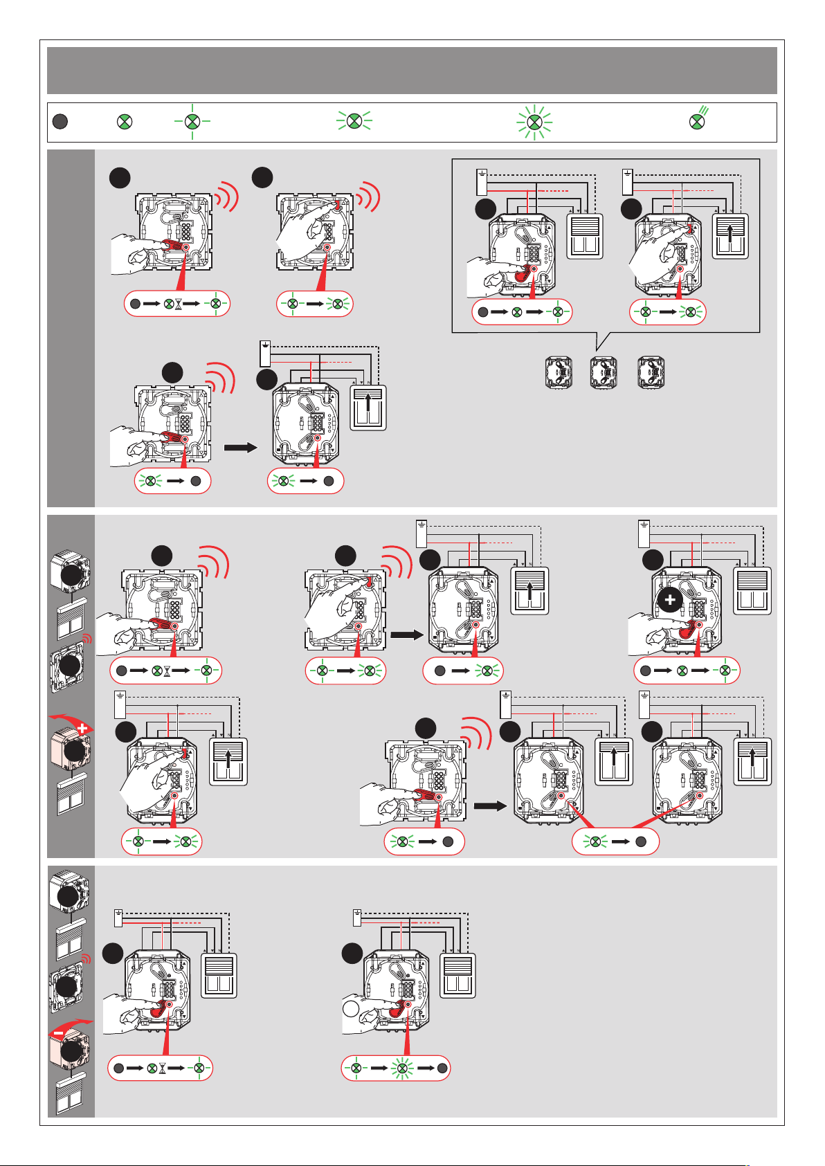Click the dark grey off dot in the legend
tap(60, 122)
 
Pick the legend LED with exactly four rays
tap(192, 122)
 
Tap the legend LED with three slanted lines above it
tap(698, 121)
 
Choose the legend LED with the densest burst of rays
tap(534, 122)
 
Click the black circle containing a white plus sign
tap(670, 600)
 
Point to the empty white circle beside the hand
tap(351, 1009)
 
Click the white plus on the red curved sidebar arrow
tap(83, 728)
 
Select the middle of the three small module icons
tap(602, 372)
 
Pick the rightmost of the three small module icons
tap(651, 372)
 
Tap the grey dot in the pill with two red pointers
tap(641, 842)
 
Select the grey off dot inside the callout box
tap(482, 312)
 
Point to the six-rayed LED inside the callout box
tap(690, 312)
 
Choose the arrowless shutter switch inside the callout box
tap(585, 236)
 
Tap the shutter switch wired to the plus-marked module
tap(752, 590)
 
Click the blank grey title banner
tap(412, 71)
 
